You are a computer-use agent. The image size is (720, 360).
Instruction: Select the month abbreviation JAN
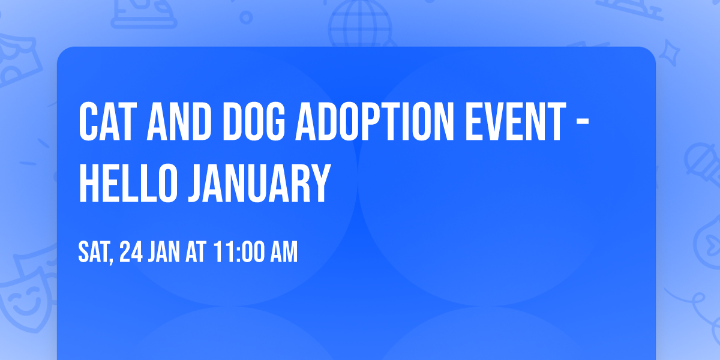pos(163,253)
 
